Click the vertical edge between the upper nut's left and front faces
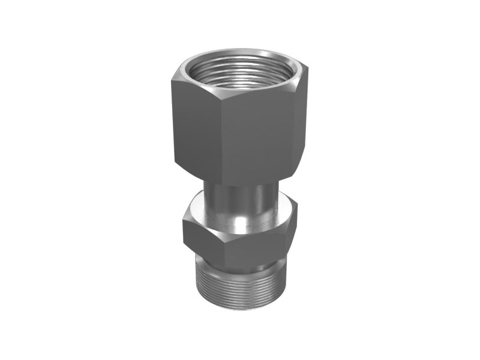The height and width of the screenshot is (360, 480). [217, 138]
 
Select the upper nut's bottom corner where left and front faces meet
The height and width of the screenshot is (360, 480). [218, 183]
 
